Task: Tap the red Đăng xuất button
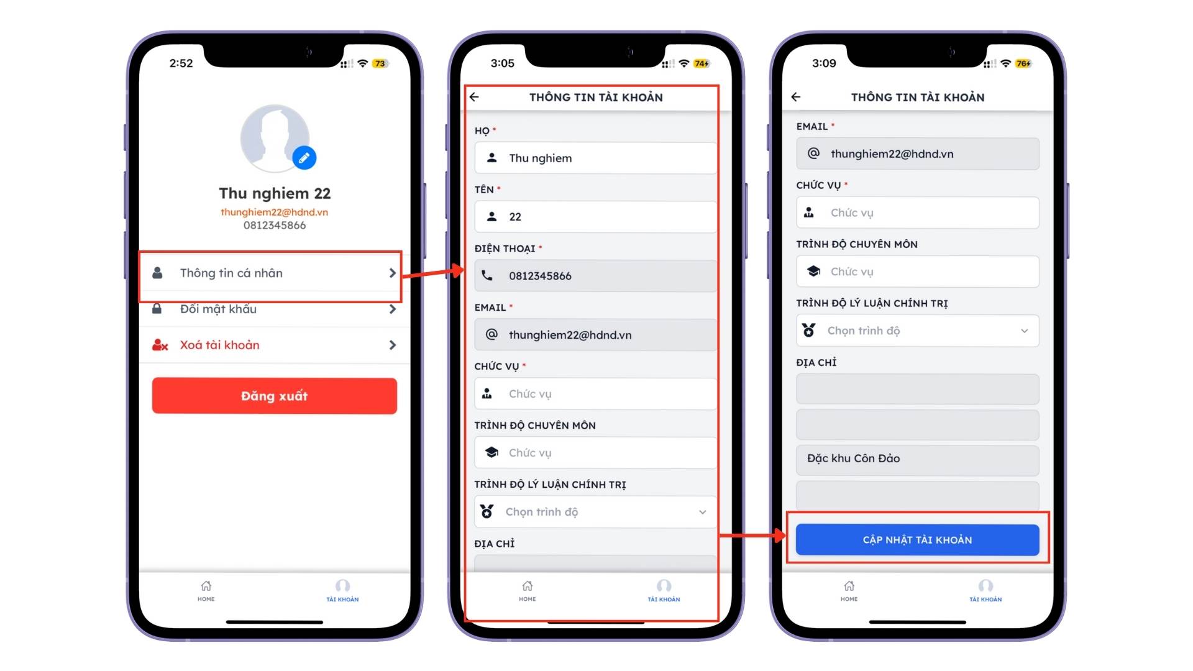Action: (x=274, y=396)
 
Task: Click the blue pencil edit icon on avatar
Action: (x=304, y=158)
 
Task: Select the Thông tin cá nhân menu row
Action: (x=274, y=273)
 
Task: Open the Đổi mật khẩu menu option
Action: (x=274, y=309)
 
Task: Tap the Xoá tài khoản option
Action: (x=274, y=345)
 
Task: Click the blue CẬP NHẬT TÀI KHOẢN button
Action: (x=917, y=540)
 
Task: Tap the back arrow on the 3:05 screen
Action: (x=474, y=97)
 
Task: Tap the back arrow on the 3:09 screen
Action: (x=796, y=97)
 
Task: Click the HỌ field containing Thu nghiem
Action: (x=595, y=158)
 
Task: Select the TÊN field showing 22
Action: (x=595, y=217)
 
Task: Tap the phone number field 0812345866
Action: (x=595, y=276)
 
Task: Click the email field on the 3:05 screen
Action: (x=595, y=335)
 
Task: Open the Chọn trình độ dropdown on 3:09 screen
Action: (x=917, y=331)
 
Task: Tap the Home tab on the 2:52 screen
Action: (x=206, y=591)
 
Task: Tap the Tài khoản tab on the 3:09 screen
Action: (x=985, y=591)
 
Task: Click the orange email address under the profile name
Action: (x=274, y=212)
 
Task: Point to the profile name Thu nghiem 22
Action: (x=275, y=193)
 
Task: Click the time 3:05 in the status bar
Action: (x=502, y=63)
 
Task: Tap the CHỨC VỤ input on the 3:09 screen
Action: (x=917, y=212)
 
